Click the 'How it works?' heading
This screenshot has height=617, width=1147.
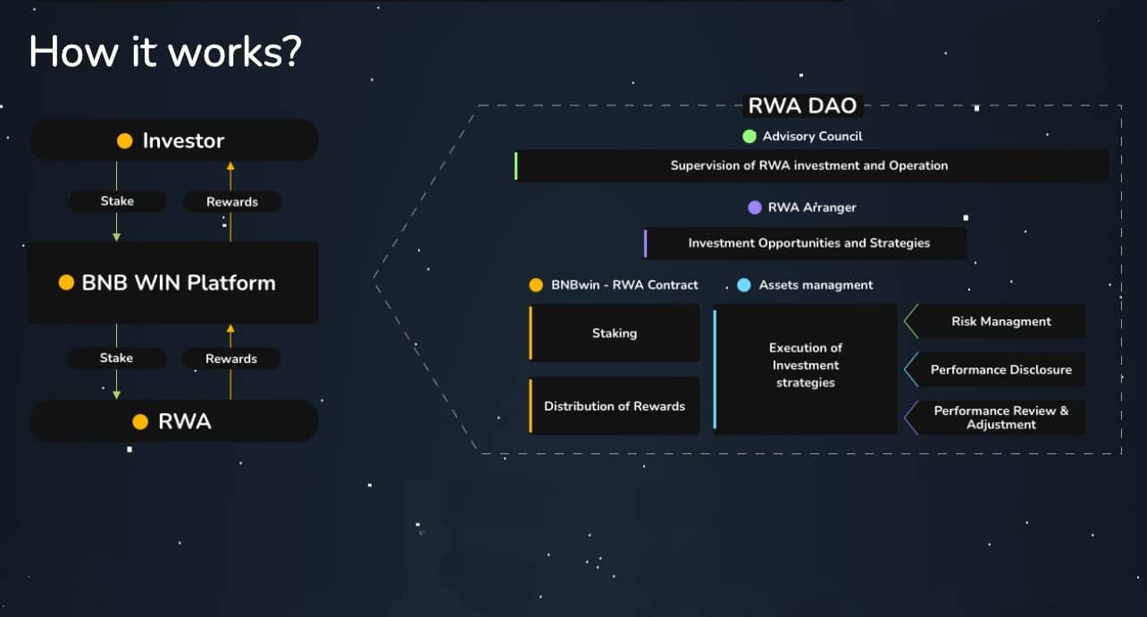[x=165, y=52]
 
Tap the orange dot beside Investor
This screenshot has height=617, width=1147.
[x=125, y=141]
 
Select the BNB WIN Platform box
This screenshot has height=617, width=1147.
[x=173, y=283]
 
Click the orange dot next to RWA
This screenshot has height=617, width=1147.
[x=140, y=422]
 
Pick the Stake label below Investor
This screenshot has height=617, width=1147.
[x=117, y=201]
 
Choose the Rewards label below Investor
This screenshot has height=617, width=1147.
[x=232, y=201]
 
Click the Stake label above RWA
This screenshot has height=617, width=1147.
[x=117, y=358]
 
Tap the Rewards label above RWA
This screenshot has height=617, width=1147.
[x=231, y=359]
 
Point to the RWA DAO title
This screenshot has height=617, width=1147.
[x=802, y=106]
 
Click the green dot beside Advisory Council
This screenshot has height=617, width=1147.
[x=749, y=136]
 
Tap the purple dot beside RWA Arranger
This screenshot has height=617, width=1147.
[x=755, y=207]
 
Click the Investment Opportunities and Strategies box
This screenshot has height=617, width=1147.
[x=806, y=243]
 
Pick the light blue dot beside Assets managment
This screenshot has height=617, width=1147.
[x=744, y=285]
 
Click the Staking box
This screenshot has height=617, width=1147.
[x=615, y=334]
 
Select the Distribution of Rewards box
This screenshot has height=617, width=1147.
[x=615, y=406]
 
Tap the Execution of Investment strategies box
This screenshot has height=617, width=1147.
[x=806, y=369]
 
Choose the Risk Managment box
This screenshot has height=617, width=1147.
[x=995, y=321]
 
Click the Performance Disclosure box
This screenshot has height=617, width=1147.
[x=995, y=369]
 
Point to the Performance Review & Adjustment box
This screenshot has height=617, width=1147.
[x=995, y=418]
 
